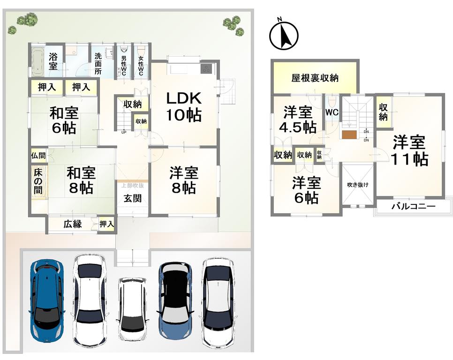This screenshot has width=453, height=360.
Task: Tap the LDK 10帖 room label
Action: click(x=183, y=106)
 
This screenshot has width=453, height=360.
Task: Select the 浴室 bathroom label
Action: click(x=53, y=61)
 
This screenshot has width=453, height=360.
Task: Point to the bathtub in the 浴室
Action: click(x=37, y=62)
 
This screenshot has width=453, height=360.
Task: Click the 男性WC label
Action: click(x=124, y=66)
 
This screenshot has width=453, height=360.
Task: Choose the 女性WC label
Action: click(x=141, y=66)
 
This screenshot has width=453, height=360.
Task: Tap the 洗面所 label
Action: click(x=98, y=63)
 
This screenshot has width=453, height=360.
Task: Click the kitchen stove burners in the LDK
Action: click(x=206, y=68)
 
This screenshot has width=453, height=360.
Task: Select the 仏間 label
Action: click(x=38, y=156)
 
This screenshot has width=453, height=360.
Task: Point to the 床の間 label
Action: click(x=38, y=181)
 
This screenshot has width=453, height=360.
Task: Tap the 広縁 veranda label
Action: click(x=73, y=224)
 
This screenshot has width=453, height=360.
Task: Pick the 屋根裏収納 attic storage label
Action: click(x=315, y=78)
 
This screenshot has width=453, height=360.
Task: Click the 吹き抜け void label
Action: click(x=358, y=185)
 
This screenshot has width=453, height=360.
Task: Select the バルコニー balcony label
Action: click(x=413, y=206)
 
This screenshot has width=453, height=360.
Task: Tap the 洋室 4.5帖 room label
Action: click(x=298, y=120)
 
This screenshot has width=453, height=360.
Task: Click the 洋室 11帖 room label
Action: click(x=409, y=151)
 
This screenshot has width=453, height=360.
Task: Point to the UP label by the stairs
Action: click(x=124, y=133)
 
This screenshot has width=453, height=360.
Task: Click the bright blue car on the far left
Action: click(x=46, y=300)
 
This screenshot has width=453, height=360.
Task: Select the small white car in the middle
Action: click(x=132, y=309)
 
